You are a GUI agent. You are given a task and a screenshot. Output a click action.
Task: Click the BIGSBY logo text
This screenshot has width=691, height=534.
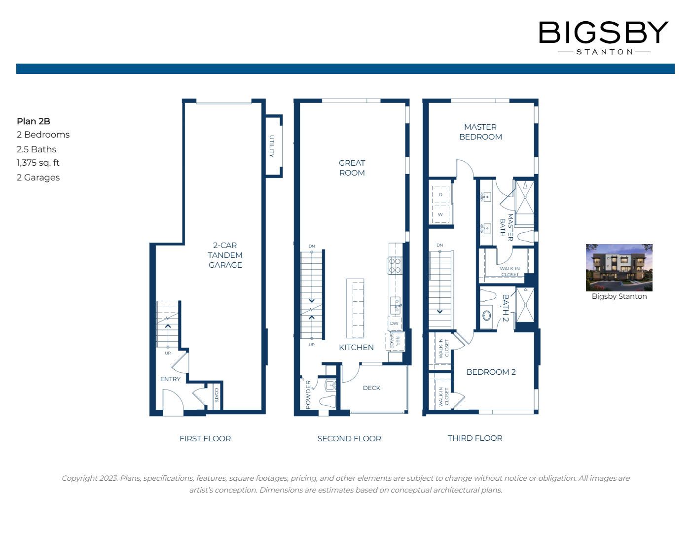(x=603, y=33)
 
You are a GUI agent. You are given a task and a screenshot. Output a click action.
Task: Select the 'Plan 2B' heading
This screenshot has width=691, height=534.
(x=34, y=121)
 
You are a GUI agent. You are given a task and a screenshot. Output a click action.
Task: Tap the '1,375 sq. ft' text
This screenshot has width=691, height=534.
(x=38, y=163)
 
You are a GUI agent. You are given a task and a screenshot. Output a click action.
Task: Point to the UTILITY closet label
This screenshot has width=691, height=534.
(x=272, y=146)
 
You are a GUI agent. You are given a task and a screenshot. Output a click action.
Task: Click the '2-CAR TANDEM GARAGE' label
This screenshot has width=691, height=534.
(x=225, y=255)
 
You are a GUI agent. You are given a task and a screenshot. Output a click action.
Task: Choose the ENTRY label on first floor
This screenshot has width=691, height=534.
(x=170, y=379)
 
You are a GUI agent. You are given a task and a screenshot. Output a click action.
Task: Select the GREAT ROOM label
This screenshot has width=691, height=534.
(x=352, y=168)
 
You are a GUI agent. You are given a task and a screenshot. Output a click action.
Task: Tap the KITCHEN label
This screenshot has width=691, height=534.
(x=356, y=347)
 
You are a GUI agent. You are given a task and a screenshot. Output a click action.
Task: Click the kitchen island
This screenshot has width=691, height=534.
(x=355, y=308)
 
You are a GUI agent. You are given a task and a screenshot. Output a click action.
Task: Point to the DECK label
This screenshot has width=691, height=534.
(x=371, y=388)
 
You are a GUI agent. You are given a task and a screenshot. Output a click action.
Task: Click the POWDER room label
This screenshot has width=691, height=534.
(x=308, y=394)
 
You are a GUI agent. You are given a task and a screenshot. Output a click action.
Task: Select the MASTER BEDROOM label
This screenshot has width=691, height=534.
(x=480, y=132)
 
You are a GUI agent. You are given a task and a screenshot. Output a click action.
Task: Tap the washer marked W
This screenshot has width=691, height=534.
(x=440, y=214)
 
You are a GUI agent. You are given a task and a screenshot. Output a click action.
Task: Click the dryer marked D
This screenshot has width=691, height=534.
(x=440, y=195)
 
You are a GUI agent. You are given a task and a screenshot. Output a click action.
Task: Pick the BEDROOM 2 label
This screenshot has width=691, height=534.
(x=491, y=372)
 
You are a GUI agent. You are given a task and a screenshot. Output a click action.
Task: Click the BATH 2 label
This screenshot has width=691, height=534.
(x=505, y=308)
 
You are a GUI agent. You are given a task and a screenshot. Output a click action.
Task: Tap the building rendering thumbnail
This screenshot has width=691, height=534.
(x=619, y=267)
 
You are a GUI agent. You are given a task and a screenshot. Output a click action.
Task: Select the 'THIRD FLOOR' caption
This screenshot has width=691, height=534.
(x=475, y=438)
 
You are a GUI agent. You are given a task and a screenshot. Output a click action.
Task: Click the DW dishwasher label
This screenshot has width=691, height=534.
(x=394, y=323)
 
